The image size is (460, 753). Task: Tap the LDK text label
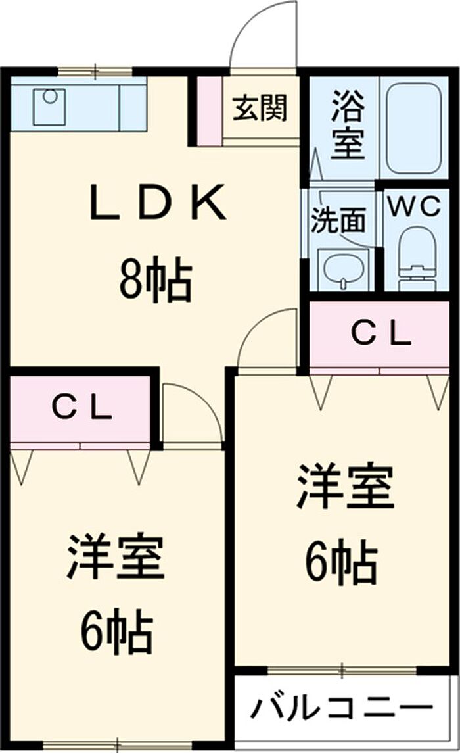[158, 204]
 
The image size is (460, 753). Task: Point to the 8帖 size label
[155, 281]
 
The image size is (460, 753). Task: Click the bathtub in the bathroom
[412, 126]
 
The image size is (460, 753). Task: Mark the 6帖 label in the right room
[340, 563]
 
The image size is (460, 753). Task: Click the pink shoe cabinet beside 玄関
[209, 110]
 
